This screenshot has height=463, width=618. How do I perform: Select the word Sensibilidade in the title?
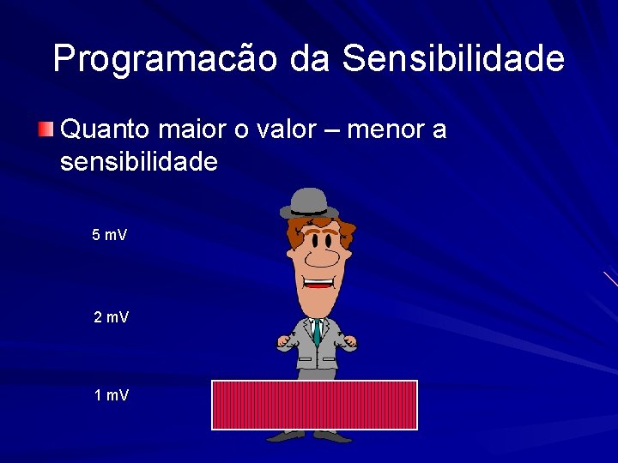click(x=453, y=59)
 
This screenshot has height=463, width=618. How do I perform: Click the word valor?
click(x=294, y=130)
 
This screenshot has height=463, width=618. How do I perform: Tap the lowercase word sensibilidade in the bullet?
click(x=139, y=161)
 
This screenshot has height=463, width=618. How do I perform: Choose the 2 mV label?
click(x=111, y=318)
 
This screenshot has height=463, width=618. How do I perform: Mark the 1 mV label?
click(x=111, y=395)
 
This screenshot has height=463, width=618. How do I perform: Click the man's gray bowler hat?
click(x=309, y=202)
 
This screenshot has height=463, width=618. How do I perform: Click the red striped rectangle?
click(x=314, y=405)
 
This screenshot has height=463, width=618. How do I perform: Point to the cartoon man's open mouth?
click(x=318, y=282)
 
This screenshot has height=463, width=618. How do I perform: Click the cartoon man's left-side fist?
click(x=285, y=342)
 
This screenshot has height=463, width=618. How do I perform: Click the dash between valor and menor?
click(x=343, y=131)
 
